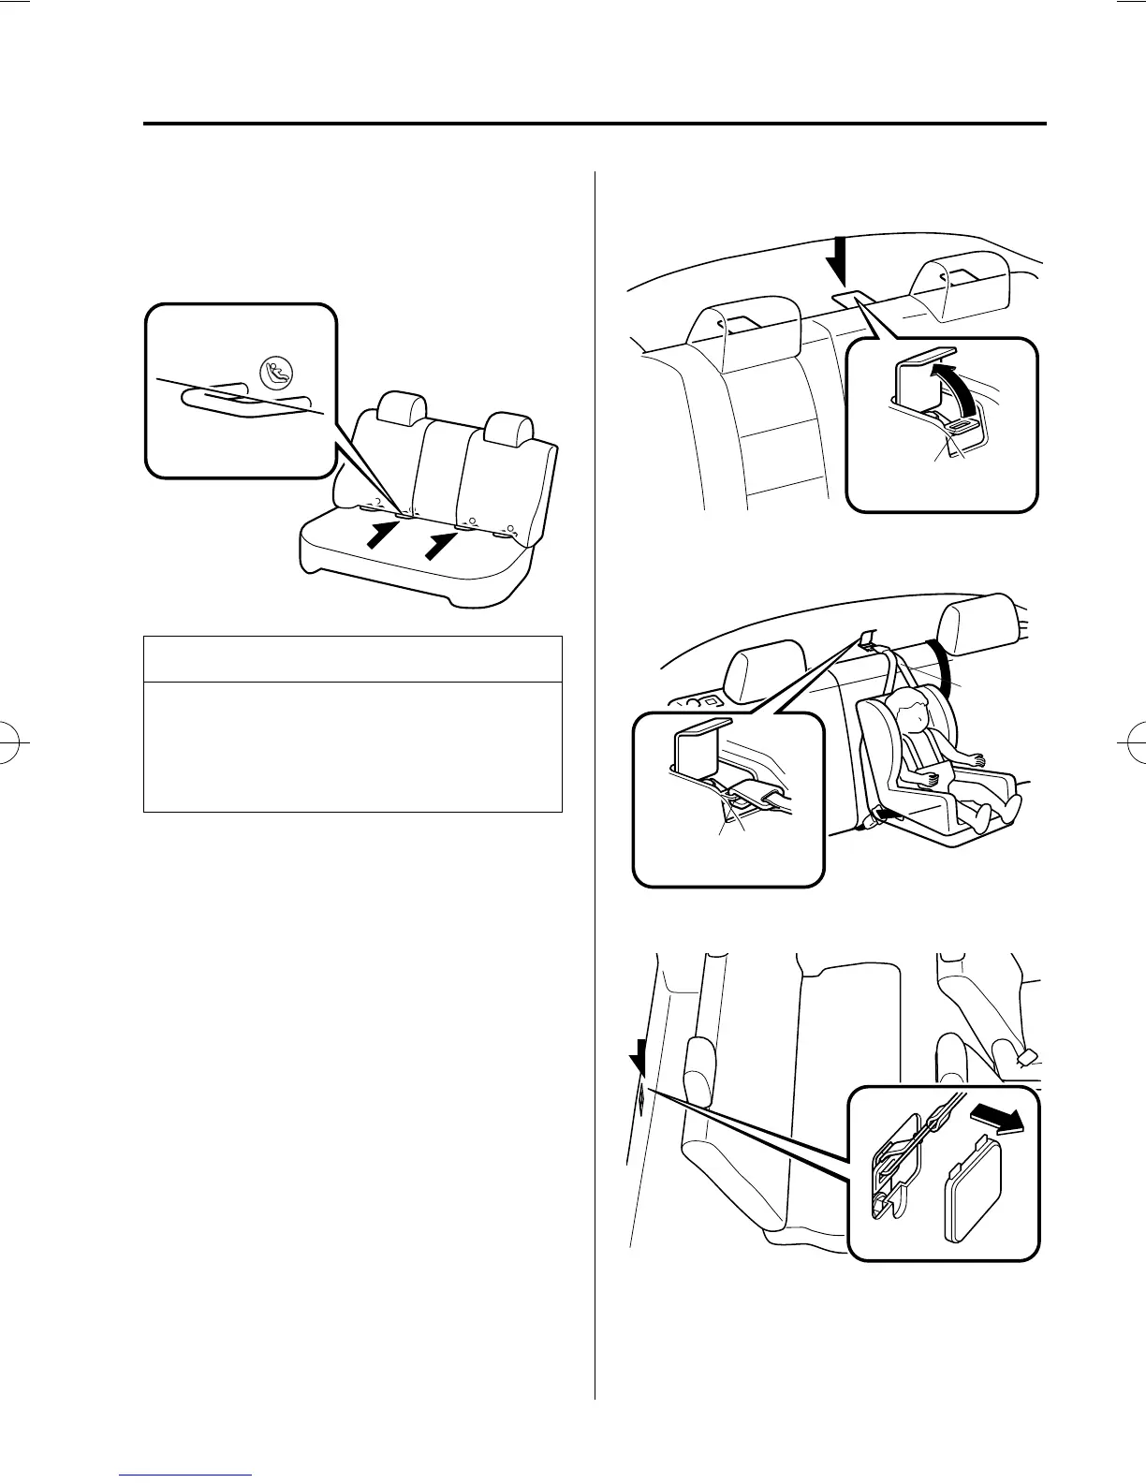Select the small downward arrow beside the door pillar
click(639, 1062)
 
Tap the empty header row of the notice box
click(352, 659)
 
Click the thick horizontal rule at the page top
click(594, 124)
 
